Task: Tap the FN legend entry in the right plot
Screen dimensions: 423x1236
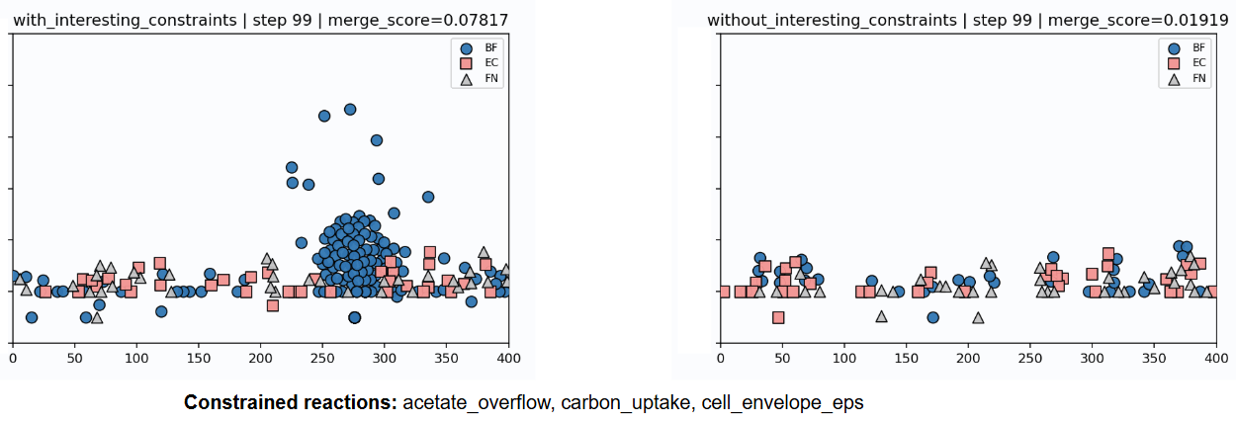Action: coord(1184,78)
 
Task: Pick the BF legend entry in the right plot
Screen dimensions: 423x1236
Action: coord(1184,46)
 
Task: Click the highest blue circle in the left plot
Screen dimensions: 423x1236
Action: coord(349,109)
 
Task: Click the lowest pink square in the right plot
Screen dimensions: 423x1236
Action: coord(778,317)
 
